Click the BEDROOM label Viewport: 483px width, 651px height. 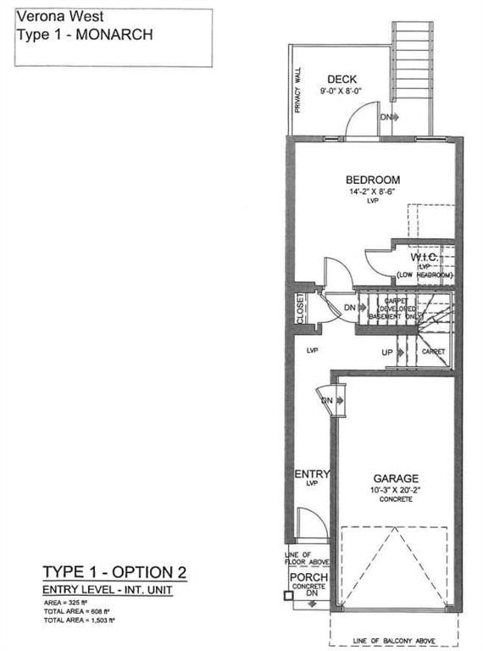point(372,180)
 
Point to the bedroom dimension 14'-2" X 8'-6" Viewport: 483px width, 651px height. point(372,192)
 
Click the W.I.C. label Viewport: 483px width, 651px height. point(424,256)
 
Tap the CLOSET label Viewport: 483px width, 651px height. point(301,309)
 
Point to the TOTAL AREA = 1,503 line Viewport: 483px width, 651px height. point(77,617)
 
